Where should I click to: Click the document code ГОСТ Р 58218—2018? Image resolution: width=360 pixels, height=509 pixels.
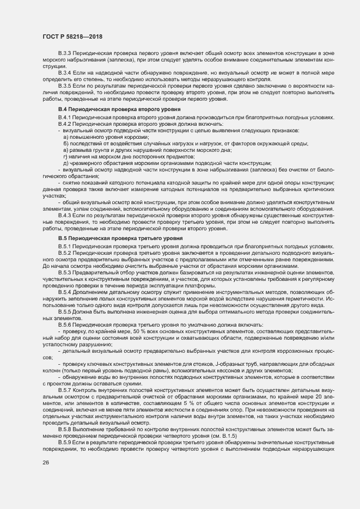click(72, 36)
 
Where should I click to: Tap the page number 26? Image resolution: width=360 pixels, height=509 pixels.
click(46, 463)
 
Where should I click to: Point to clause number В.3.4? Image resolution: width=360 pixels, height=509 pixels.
click(65, 72)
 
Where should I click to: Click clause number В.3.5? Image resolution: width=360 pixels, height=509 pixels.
click(65, 86)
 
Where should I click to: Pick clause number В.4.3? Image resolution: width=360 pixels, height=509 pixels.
click(65, 216)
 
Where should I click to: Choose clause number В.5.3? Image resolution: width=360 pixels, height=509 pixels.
click(65, 272)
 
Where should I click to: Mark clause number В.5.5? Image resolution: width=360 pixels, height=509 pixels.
click(65, 312)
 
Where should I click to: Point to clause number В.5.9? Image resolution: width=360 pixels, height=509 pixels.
click(65, 444)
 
